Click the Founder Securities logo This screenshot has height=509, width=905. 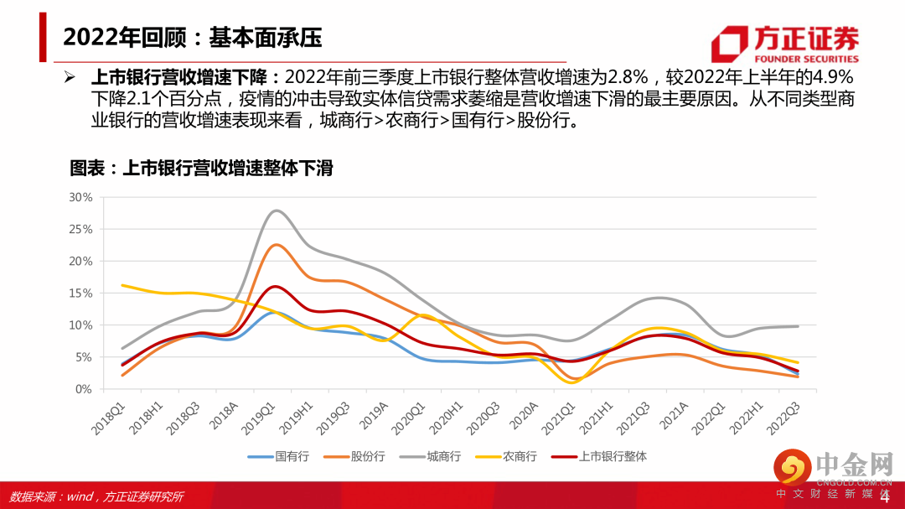click(x=784, y=44)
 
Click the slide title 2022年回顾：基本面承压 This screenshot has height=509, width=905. click(x=193, y=38)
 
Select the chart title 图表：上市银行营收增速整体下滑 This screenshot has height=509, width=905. click(x=201, y=168)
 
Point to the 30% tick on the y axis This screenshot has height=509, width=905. click(x=81, y=197)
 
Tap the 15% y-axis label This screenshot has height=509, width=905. click(x=81, y=293)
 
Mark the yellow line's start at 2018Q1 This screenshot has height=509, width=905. click(x=123, y=285)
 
